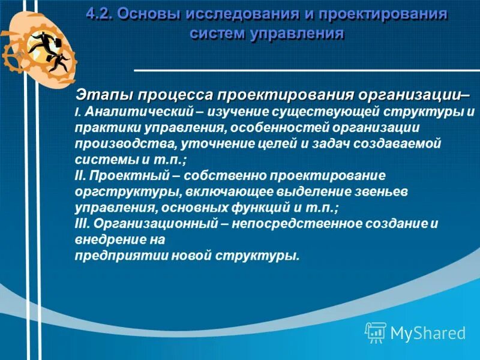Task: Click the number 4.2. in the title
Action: point(100,14)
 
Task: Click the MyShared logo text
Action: point(427,332)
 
